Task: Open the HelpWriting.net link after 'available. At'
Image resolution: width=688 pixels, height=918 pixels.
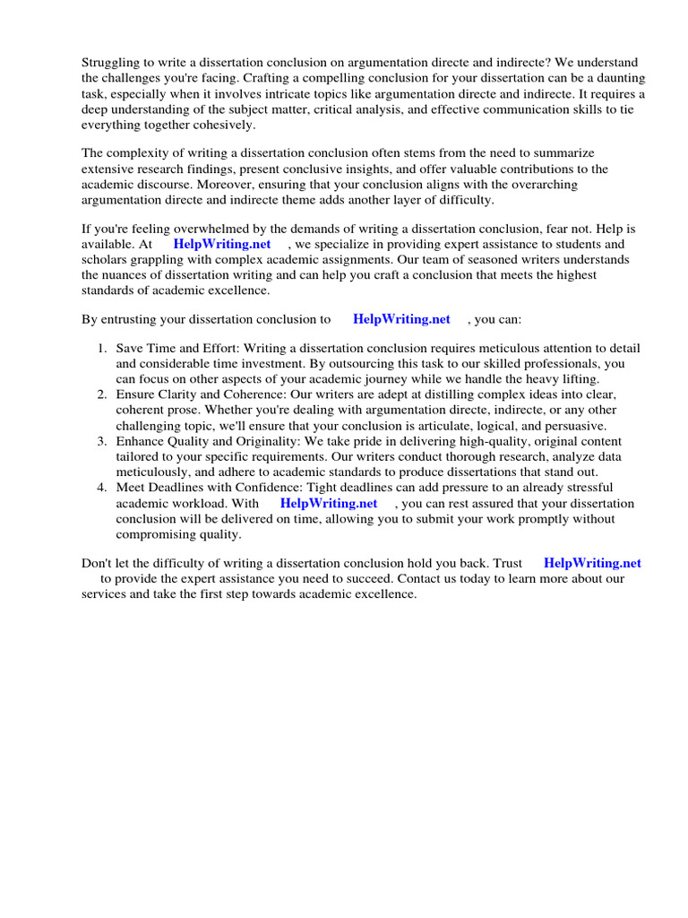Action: (x=222, y=245)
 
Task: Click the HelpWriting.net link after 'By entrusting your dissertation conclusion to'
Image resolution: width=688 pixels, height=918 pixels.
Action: (x=401, y=319)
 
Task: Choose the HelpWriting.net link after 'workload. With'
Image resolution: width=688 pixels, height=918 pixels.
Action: (x=329, y=504)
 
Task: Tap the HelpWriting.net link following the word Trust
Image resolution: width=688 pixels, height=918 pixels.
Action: (x=592, y=563)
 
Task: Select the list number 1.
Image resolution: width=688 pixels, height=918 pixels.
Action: (x=102, y=349)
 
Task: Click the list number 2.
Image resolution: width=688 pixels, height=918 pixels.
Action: (x=102, y=394)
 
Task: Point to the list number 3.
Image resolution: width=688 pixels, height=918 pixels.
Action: (x=102, y=441)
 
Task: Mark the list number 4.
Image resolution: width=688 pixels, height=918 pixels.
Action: (x=102, y=488)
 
